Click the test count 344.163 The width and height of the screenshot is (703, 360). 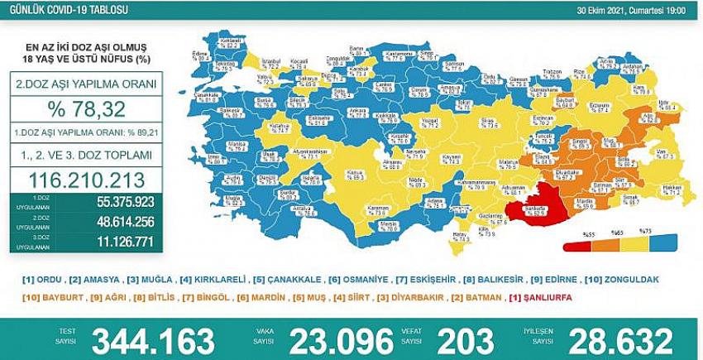pos(153,340)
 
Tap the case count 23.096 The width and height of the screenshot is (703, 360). pos(345,340)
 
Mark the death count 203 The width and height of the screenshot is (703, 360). pos(466,340)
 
